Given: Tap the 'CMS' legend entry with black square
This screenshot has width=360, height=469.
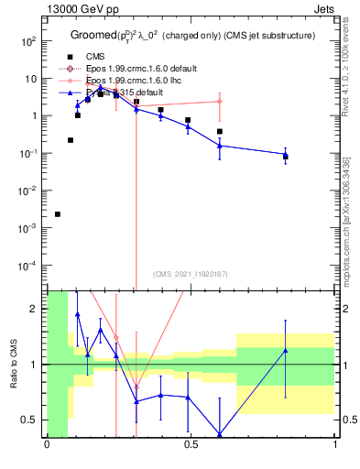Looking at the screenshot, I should (x=95, y=56).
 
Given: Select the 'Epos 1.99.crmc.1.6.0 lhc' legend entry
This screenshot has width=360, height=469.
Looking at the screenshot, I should (x=136, y=81).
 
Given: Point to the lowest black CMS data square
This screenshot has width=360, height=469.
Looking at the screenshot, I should (x=58, y=214).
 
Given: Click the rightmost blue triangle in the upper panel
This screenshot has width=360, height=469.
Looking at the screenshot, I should (x=286, y=155).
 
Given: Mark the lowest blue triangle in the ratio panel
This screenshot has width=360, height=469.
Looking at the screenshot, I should (x=220, y=434).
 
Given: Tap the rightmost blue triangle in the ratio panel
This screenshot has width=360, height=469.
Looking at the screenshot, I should (x=286, y=351).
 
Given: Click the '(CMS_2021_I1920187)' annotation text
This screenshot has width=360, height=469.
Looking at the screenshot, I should (x=190, y=272).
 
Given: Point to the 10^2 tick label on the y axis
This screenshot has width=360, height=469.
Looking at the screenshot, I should (x=28, y=41).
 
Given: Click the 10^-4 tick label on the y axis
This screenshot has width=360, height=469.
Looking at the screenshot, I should (x=28, y=265).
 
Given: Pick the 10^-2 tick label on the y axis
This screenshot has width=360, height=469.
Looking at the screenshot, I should (x=28, y=191).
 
